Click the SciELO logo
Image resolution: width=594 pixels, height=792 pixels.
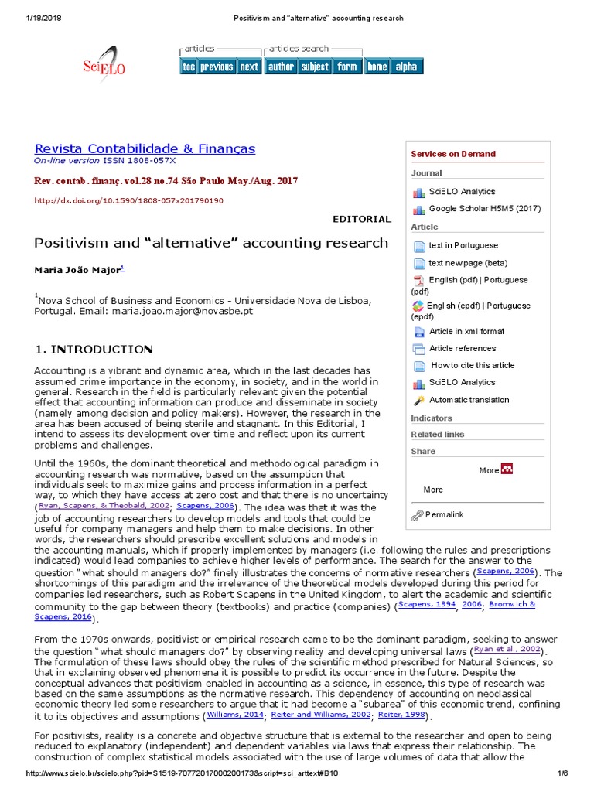pyautogui.click(x=104, y=67)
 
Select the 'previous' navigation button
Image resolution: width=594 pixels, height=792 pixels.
pyautogui.click(x=217, y=67)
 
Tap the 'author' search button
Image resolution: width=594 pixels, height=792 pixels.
pyautogui.click(x=281, y=67)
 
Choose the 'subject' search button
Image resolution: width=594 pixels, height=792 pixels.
pyautogui.click(x=315, y=67)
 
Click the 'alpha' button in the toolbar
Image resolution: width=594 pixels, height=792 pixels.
pyautogui.click(x=406, y=67)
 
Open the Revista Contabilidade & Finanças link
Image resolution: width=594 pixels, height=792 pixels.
pyautogui.click(x=145, y=148)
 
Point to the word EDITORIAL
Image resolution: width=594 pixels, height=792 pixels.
pyautogui.click(x=361, y=220)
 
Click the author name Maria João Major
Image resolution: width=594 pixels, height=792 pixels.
pyautogui.click(x=77, y=270)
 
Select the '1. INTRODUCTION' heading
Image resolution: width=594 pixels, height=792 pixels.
pyautogui.click(x=94, y=350)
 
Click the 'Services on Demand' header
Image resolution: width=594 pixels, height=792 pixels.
pyautogui.click(x=453, y=154)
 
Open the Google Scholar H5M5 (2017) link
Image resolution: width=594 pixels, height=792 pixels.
pyautogui.click(x=485, y=209)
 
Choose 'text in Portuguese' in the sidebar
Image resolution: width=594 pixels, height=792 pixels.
pyautogui.click(x=463, y=246)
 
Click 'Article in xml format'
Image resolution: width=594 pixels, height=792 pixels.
pyautogui.click(x=466, y=331)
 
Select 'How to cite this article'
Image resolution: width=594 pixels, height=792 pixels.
pyautogui.click(x=473, y=365)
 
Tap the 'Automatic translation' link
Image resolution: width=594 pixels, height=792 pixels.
pyautogui.click(x=469, y=400)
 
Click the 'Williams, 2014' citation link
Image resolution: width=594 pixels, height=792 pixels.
pyautogui.click(x=235, y=715)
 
